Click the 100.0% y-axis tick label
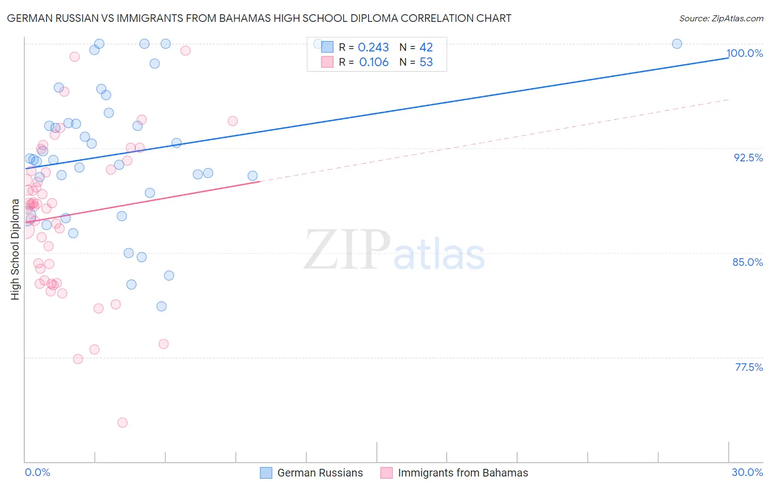tap(745, 54)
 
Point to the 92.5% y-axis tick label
tap(748, 158)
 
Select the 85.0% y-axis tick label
tap(748, 262)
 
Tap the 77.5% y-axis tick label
tap(749, 367)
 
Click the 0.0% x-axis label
tap(37, 472)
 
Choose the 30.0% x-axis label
tap(747, 472)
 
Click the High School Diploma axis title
tap(15, 249)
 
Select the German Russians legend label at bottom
tap(320, 473)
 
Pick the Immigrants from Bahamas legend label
tap(463, 473)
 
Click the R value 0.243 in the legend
tap(373, 48)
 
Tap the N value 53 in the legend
tap(426, 62)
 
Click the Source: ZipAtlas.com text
tap(721, 19)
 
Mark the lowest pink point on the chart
tap(123, 423)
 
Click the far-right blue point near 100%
tap(677, 44)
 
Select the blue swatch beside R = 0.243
tap(327, 47)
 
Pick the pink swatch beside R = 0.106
tap(327, 62)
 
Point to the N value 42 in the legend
tap(426, 48)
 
